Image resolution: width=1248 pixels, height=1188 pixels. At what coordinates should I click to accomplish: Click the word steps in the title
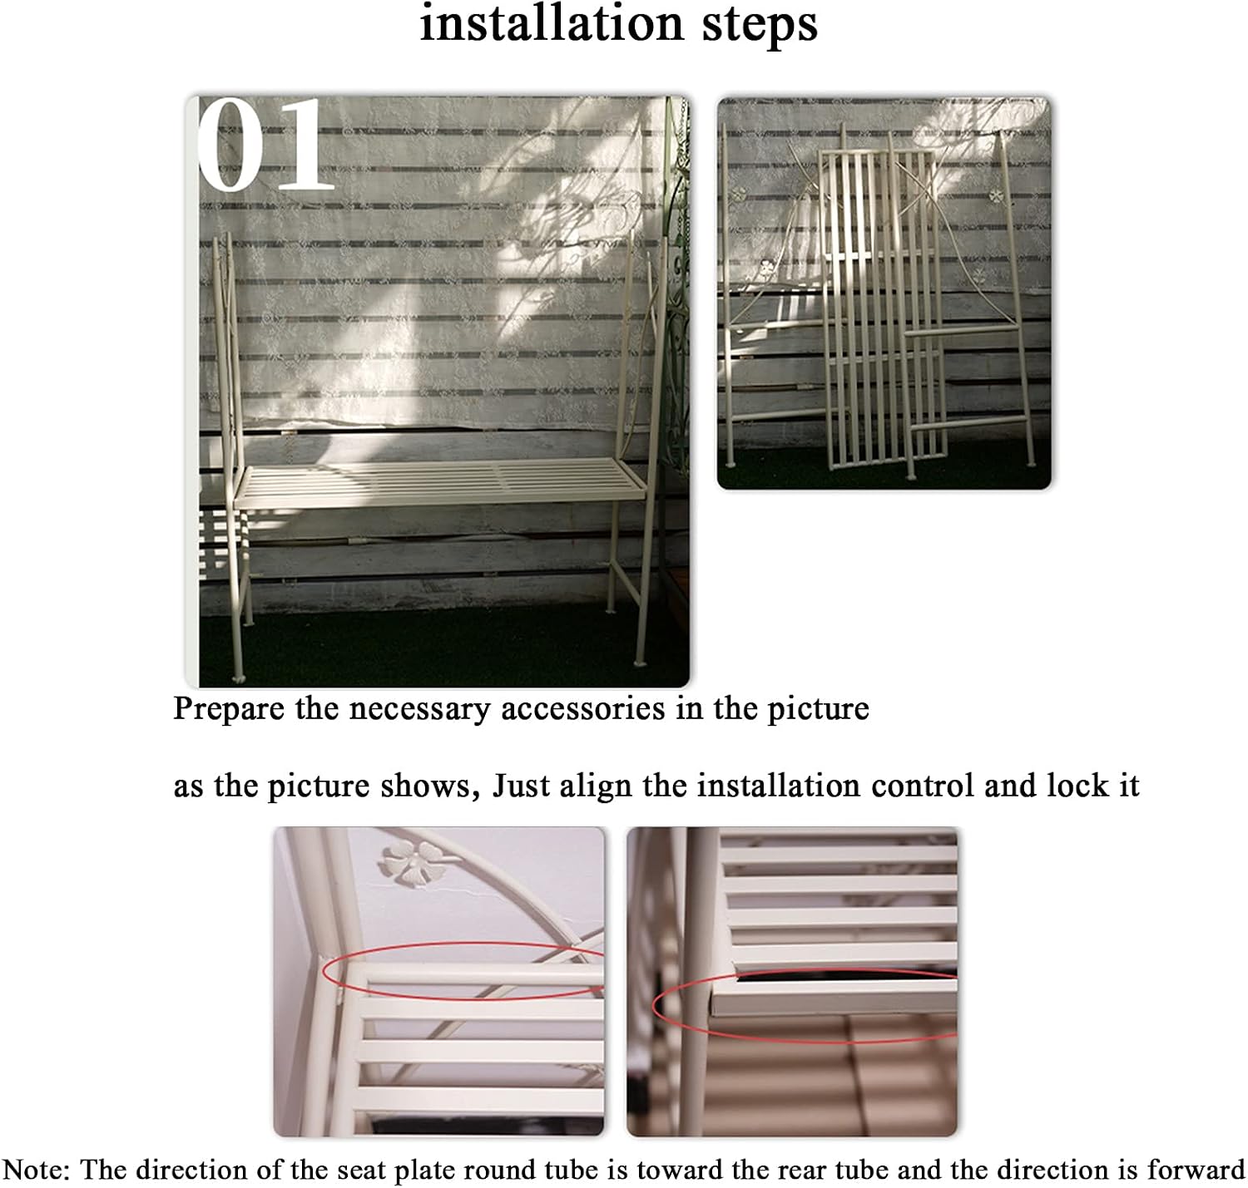[x=760, y=27]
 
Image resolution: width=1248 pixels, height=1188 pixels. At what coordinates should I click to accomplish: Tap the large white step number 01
[x=266, y=144]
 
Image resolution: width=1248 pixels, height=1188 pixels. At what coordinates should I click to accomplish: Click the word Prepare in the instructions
[x=229, y=709]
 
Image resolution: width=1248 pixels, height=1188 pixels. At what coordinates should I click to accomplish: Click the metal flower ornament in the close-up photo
[x=414, y=861]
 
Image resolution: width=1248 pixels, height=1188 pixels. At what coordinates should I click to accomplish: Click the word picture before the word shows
[x=318, y=787]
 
